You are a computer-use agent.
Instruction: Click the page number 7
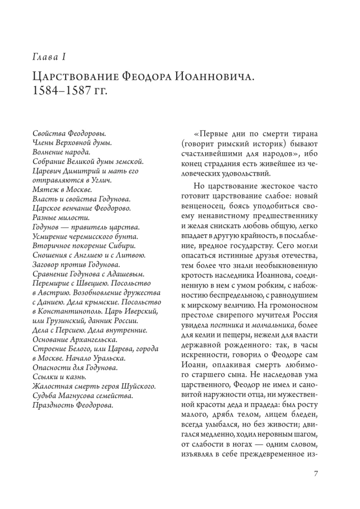pos(316,474)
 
